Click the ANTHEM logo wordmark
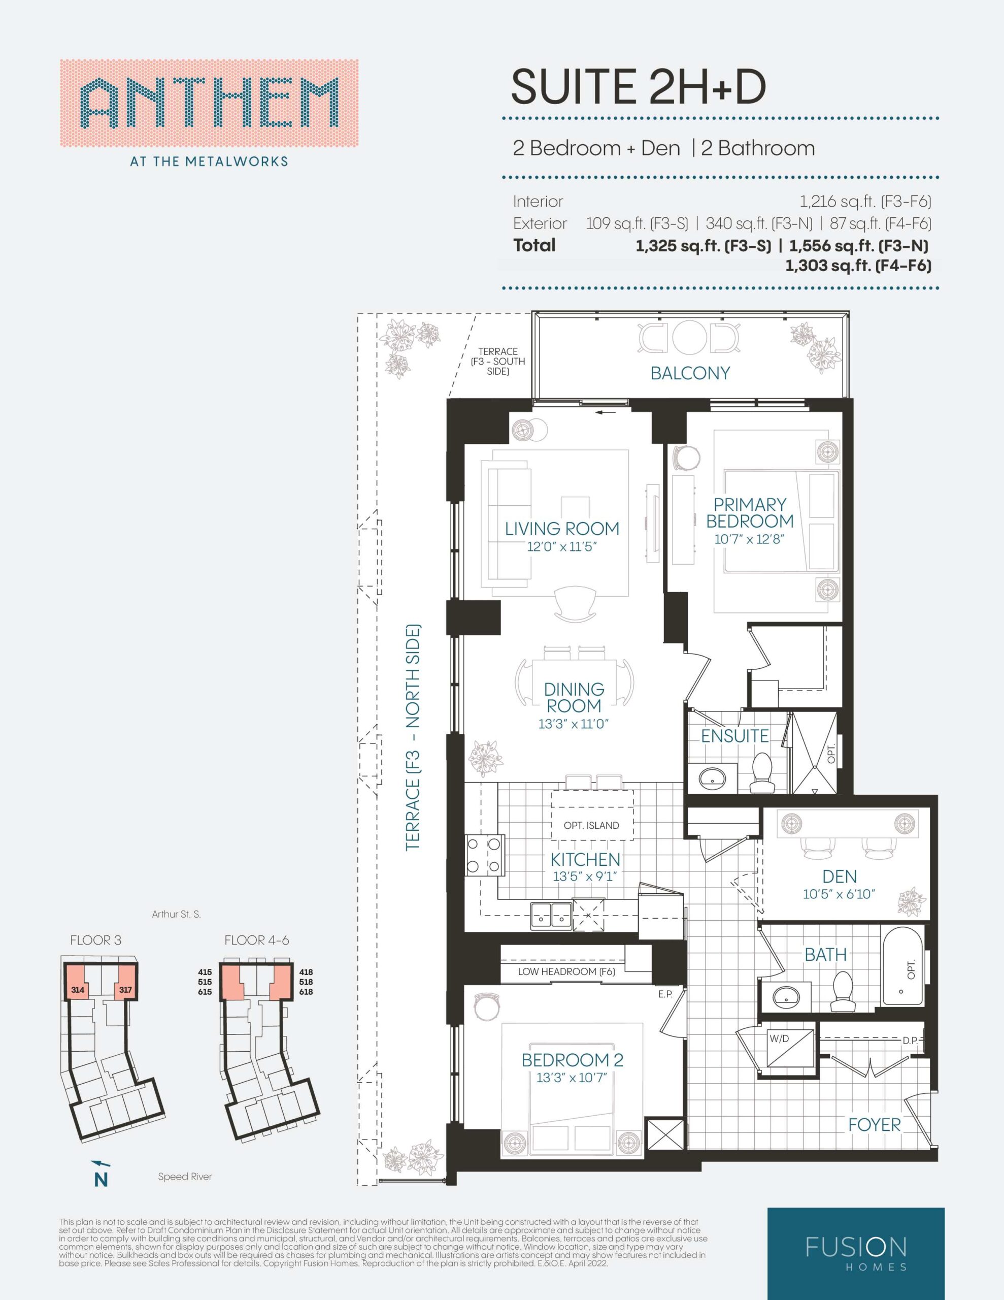click(x=209, y=104)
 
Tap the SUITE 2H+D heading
click(x=639, y=86)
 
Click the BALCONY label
click(x=690, y=373)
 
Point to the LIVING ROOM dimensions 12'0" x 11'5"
click(x=562, y=547)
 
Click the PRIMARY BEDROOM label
click(x=750, y=512)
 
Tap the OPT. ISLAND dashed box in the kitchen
click(x=593, y=815)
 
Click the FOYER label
click(x=874, y=1124)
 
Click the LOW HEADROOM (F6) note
click(x=566, y=971)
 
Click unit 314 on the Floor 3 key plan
click(x=77, y=990)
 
